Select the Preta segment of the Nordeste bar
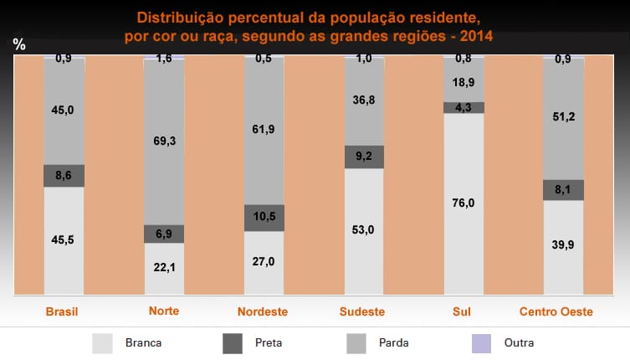coord(264,218)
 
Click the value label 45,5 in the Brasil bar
coord(64,239)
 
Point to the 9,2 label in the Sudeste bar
coord(365,156)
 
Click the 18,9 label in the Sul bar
coord(464,82)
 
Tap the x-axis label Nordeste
coord(264,311)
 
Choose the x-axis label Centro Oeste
coord(556,311)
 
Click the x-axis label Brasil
coord(62,311)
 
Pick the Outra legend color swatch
coord(483,342)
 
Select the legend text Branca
coord(143,342)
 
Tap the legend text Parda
coord(393,342)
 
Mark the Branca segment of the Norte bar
coord(165,268)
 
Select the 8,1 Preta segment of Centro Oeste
coord(564,190)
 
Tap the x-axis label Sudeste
coord(362,311)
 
